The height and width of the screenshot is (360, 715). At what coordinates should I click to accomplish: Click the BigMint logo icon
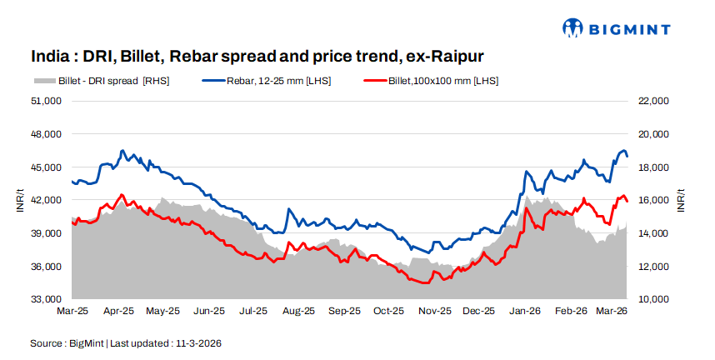coord(573,28)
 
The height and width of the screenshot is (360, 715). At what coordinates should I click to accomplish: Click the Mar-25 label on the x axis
coord(72,311)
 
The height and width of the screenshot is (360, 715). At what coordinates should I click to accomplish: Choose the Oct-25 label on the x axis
coord(388,311)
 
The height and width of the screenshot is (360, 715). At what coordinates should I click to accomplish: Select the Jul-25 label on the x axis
coord(253,311)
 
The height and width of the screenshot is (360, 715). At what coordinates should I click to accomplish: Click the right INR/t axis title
coord(681,200)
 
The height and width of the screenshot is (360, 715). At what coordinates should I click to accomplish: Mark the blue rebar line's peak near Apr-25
coord(122,151)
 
